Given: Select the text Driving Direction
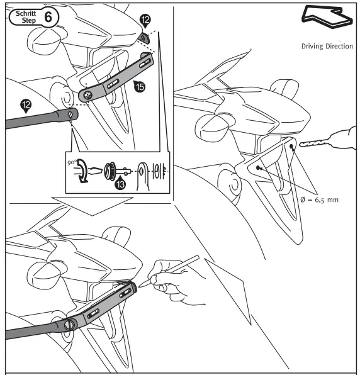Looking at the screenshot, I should (327, 47).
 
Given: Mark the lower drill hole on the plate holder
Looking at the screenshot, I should (258, 168).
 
